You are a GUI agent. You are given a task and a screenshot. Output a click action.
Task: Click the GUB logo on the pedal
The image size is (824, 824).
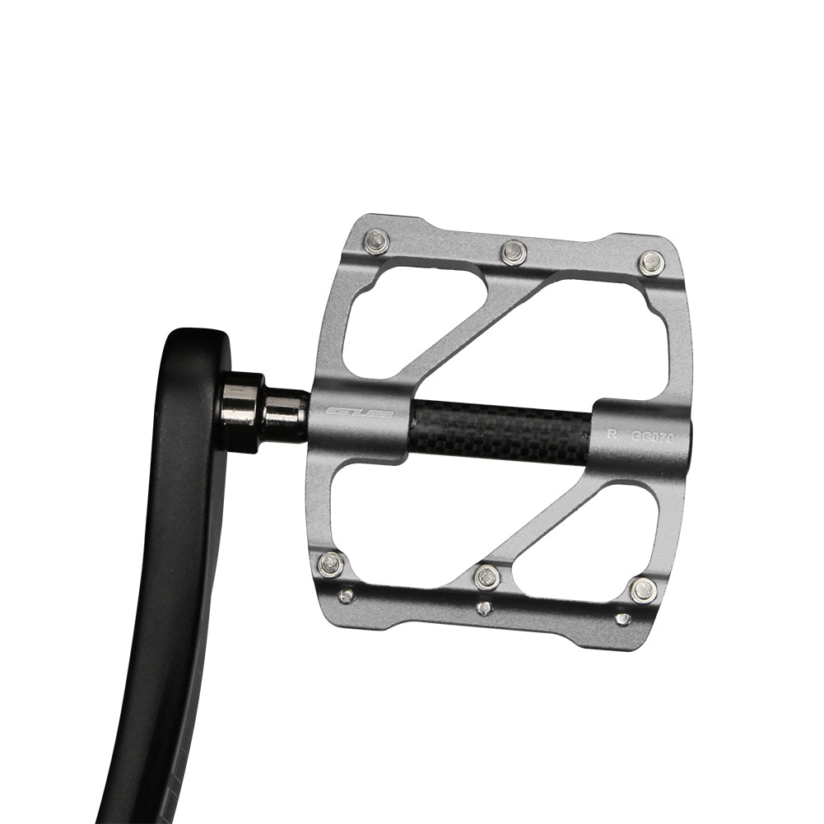(x=360, y=413)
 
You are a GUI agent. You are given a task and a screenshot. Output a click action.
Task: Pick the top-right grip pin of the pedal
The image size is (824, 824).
(x=651, y=263)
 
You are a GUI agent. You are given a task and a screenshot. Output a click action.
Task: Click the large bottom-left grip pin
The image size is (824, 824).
(x=331, y=563)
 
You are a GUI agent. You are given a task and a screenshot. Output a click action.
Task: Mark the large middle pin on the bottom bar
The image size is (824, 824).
(x=487, y=577)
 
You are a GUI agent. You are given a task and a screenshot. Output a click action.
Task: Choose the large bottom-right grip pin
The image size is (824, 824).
(x=643, y=589)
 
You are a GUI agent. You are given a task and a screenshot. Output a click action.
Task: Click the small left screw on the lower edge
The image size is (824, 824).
(x=347, y=595)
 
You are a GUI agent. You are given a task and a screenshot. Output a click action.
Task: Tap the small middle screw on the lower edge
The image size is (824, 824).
(x=484, y=608)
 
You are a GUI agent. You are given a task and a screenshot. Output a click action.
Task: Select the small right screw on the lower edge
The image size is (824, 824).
(x=623, y=618)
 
